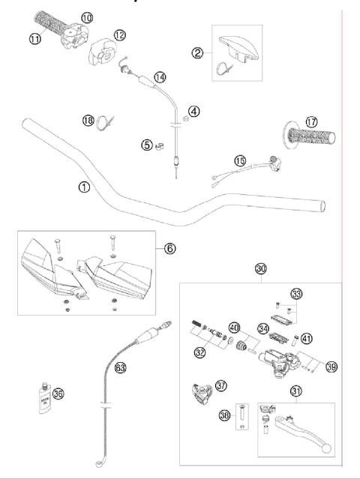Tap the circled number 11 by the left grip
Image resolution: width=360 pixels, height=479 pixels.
tap(35, 38)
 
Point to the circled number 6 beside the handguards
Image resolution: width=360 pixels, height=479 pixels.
tap(170, 247)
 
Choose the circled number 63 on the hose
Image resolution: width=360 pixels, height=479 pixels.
tap(119, 367)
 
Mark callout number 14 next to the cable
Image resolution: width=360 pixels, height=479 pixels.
tap(160, 76)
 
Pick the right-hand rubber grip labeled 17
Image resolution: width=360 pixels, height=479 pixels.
tap(310, 141)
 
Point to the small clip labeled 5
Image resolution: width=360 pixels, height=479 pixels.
tap(158, 145)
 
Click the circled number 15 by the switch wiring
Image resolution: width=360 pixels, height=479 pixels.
tap(240, 160)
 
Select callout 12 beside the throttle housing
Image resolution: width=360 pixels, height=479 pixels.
tap(121, 34)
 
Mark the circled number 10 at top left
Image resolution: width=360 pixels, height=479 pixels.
tap(87, 16)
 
